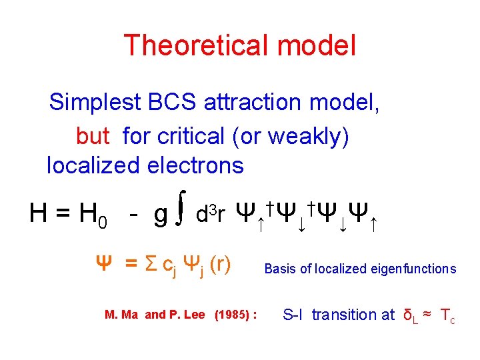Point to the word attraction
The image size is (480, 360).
pos(252,103)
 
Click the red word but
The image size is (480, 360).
pos(93,136)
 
